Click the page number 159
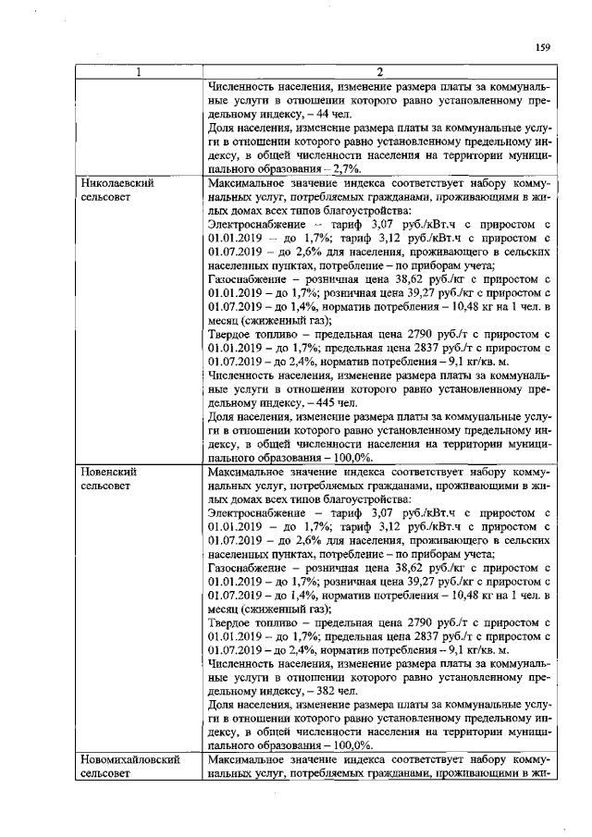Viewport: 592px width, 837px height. pyautogui.click(x=543, y=48)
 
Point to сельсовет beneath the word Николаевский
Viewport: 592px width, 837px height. pyautogui.click(x=107, y=198)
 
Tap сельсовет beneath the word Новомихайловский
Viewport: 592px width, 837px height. pyautogui.click(x=107, y=774)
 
